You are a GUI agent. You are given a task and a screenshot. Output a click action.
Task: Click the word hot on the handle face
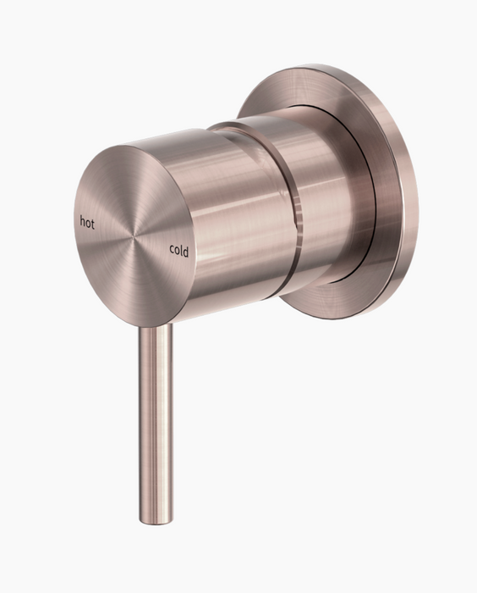click(87, 222)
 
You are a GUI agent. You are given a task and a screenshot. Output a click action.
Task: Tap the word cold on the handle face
click(178, 250)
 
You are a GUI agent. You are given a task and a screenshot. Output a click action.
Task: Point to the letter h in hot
click(82, 221)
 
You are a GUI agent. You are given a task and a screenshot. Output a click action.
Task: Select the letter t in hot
click(92, 224)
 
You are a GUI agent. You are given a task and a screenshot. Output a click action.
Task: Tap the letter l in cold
click(180, 249)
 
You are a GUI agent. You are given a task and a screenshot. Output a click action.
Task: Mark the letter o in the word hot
click(87, 224)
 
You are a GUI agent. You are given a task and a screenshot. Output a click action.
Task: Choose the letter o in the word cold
click(177, 250)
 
